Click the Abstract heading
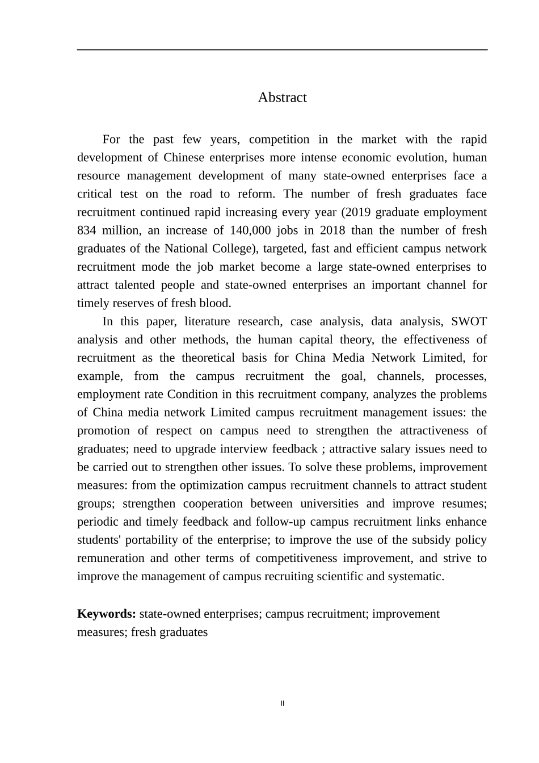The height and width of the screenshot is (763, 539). (282, 98)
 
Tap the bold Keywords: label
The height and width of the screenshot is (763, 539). (106, 614)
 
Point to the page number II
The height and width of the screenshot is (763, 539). (282, 703)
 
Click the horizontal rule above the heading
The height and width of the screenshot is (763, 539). (282, 50)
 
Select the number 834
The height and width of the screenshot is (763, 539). (87, 230)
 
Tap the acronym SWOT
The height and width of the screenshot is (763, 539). (469, 321)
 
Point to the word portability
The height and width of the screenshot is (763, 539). (145, 540)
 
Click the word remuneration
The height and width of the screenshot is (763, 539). (110, 558)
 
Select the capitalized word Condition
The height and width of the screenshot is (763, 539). (192, 394)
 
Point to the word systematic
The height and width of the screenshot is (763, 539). (415, 576)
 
